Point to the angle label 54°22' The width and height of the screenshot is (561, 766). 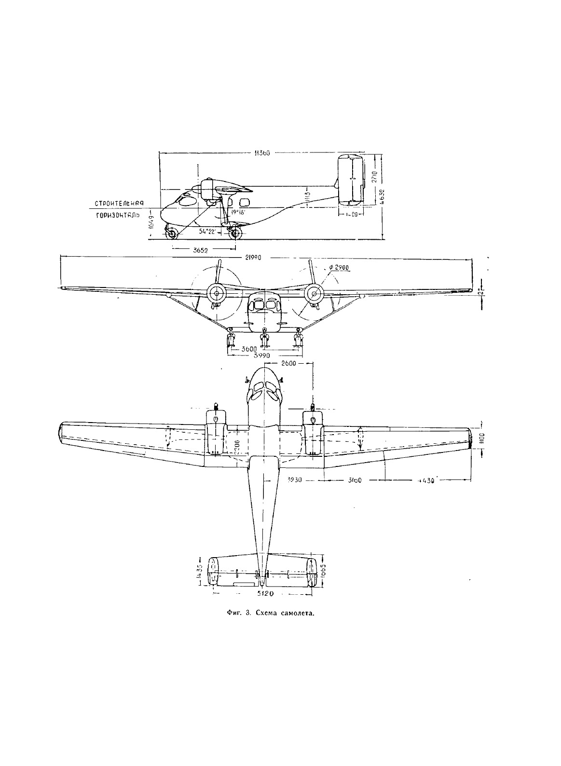[x=208, y=231]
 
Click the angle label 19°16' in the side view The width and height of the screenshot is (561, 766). [x=238, y=211]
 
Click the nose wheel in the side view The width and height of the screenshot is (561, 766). [x=172, y=235]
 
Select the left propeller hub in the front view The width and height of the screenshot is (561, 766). [x=215, y=292]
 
